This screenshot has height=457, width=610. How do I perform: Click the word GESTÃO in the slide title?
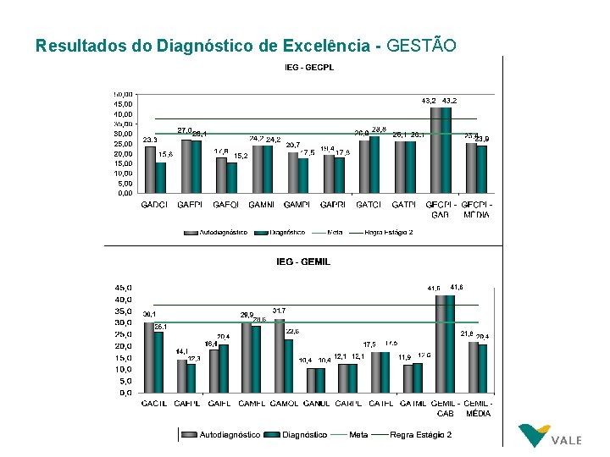[420, 45]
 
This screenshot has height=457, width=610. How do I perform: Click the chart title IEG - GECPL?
[308, 67]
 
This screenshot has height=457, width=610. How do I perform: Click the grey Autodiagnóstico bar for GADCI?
[150, 169]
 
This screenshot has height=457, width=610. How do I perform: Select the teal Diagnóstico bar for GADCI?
[161, 177]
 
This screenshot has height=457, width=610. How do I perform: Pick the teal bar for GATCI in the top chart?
[374, 164]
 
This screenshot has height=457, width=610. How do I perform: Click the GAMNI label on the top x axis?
[261, 204]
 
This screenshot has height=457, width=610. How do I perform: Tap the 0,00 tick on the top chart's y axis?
[124, 192]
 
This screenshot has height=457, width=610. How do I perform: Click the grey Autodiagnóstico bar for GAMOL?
[280, 355]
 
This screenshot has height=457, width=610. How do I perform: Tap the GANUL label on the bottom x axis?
[316, 404]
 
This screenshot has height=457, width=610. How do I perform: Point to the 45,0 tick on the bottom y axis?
[124, 287]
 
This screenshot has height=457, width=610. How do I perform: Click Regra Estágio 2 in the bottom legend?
[420, 434]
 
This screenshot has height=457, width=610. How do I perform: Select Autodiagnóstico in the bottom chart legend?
[229, 434]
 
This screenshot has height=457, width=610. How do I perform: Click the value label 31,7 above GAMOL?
[280, 310]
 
